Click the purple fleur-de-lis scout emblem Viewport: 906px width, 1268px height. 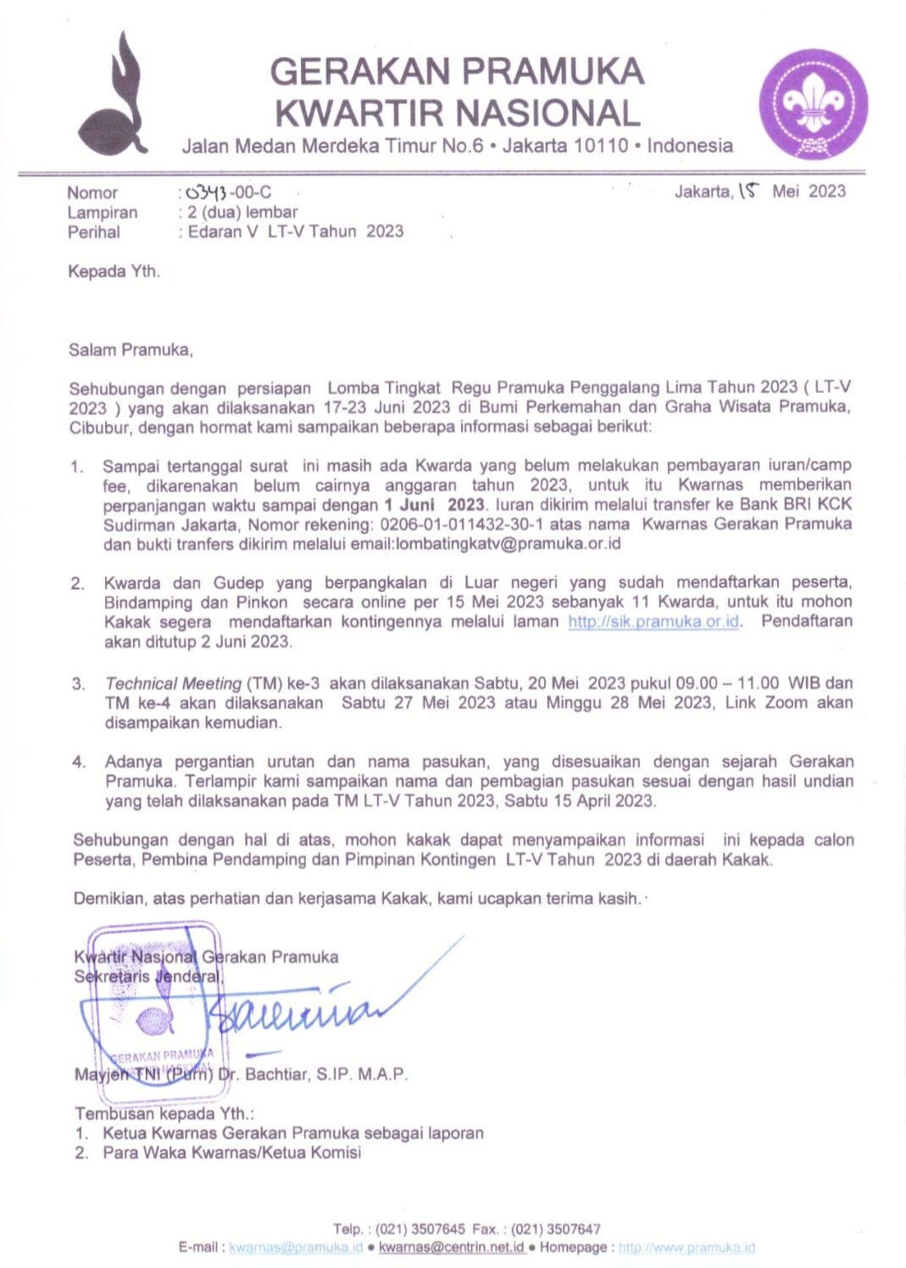tap(813, 103)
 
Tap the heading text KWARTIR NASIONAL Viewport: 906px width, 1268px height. tap(457, 114)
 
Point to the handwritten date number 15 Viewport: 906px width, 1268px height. tap(748, 191)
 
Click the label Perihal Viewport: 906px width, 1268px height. tap(94, 232)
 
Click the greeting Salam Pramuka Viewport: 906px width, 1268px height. tap(131, 349)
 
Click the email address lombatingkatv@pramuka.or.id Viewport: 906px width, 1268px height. tap(508, 544)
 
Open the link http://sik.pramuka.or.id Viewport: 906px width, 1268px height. tap(654, 622)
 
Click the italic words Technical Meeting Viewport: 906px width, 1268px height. tap(173, 684)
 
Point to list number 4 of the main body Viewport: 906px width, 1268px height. tap(79, 762)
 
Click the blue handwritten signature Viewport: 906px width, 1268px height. tap(297, 1008)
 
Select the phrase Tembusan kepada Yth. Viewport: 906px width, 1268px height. tap(164, 1113)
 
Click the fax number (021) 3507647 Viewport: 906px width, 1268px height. tap(555, 1229)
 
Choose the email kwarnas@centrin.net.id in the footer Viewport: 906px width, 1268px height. tap(451, 1248)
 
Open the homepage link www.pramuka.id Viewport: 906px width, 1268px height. tap(686, 1248)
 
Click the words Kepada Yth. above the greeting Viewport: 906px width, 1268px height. tap(114, 272)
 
